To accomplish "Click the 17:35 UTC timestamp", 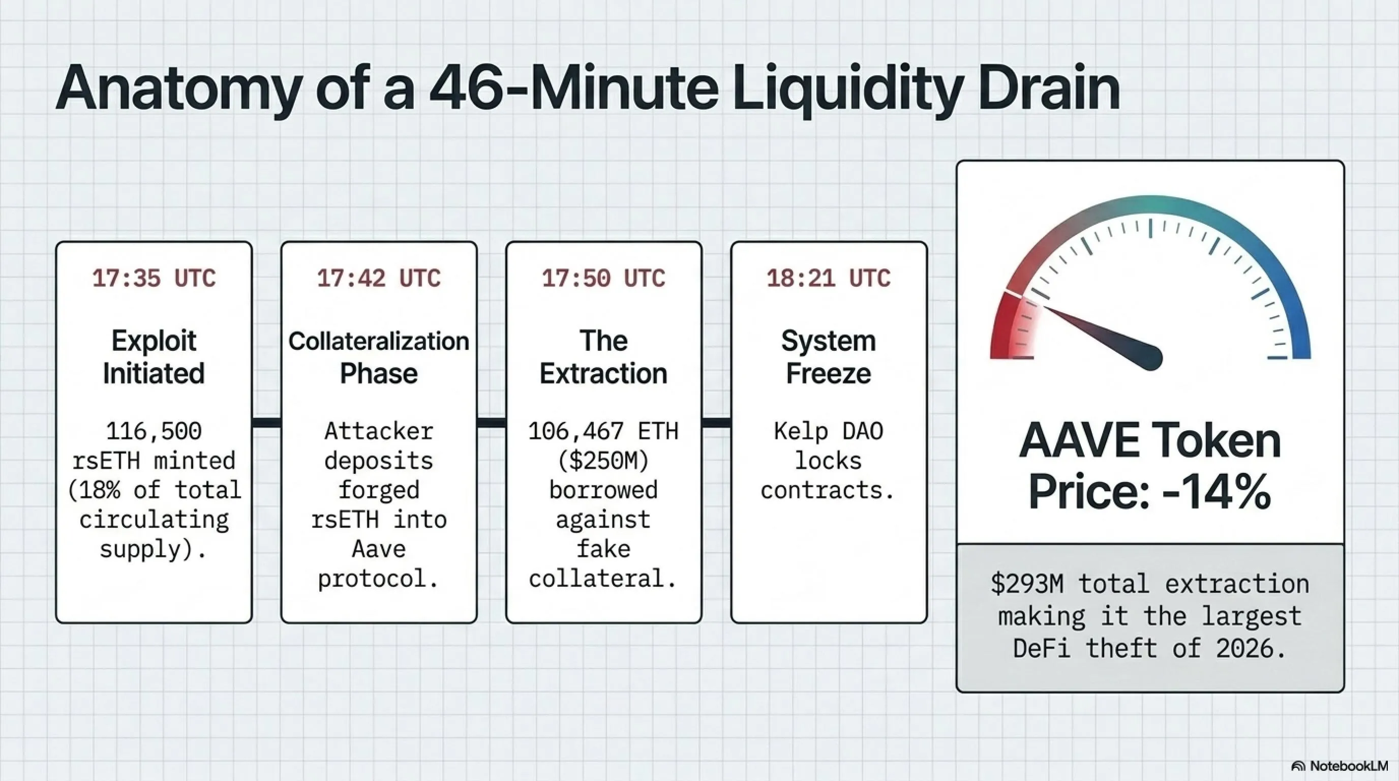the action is [x=154, y=279].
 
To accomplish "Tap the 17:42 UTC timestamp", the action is [x=379, y=279].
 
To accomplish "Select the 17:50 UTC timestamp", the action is [x=603, y=279].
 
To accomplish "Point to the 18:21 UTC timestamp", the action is [x=828, y=279].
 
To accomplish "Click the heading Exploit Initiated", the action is [x=154, y=357].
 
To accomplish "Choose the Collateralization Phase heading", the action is [x=379, y=357].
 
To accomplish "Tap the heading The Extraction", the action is [x=603, y=357].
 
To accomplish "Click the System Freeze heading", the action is [x=828, y=357].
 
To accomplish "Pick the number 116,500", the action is [x=154, y=431].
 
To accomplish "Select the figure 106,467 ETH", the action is [x=603, y=431].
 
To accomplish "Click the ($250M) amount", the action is [x=603, y=461].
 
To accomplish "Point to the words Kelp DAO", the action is [x=828, y=431].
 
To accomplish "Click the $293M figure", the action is [x=1026, y=584].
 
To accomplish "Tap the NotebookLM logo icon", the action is [x=1298, y=766].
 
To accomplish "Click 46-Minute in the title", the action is [x=573, y=87].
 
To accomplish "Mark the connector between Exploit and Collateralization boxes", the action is [x=267, y=423].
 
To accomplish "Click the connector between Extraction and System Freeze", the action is [x=716, y=423].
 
